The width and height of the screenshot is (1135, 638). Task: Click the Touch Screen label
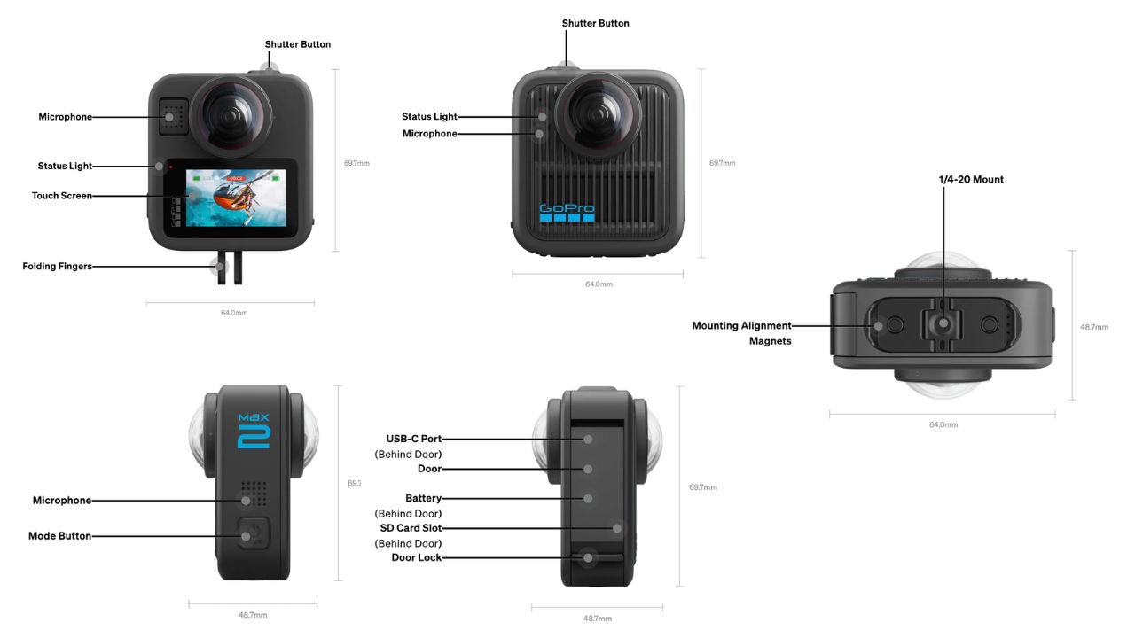coord(62,196)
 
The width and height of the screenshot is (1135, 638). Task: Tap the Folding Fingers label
coord(58,266)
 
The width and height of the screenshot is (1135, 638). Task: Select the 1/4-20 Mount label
coord(971,180)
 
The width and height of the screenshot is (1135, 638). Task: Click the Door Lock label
coord(417,557)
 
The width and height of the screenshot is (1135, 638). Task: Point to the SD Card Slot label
coord(411,528)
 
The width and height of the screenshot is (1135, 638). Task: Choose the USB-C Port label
coord(414,439)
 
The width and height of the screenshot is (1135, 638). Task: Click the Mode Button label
coord(60,536)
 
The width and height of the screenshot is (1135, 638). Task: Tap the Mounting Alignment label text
coord(742,326)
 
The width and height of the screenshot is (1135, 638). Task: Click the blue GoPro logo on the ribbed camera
coord(567,213)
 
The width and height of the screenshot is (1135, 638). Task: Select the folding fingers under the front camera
coord(230,269)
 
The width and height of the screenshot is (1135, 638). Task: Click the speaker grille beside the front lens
coord(174,115)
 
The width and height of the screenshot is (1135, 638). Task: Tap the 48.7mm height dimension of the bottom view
coord(1093,327)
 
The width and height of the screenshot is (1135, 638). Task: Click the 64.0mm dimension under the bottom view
coord(943,424)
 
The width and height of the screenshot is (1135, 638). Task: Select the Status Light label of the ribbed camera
coord(429,117)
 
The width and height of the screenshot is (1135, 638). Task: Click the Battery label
coord(424,499)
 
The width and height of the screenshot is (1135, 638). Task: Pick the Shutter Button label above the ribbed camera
coord(596,23)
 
